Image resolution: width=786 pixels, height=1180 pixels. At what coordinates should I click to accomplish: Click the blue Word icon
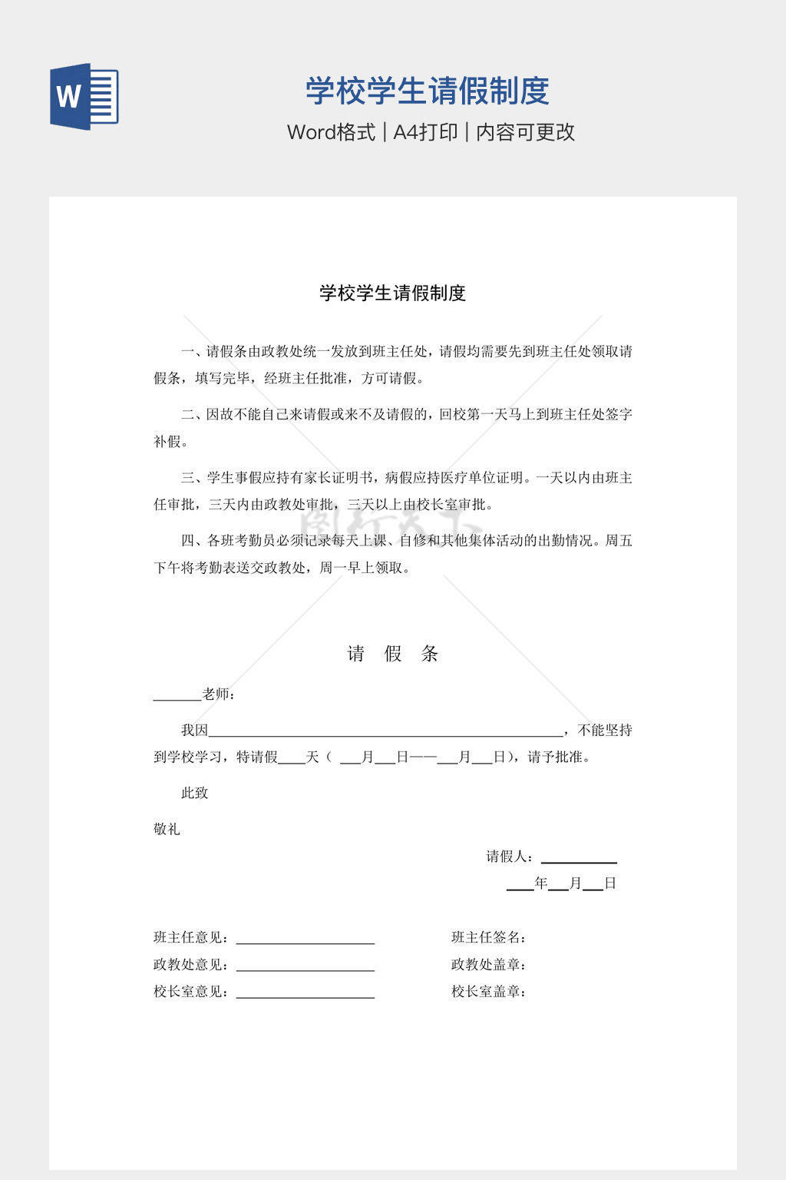tap(84, 97)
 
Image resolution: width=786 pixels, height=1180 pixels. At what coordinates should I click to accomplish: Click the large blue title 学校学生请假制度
tap(428, 91)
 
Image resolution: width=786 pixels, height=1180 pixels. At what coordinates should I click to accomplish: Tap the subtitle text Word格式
tap(331, 132)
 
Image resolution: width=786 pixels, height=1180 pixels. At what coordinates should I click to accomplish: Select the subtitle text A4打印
tap(425, 132)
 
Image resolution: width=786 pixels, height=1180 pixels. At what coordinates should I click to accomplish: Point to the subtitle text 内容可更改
tap(526, 132)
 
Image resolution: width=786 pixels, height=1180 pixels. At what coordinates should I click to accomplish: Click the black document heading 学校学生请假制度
tap(393, 293)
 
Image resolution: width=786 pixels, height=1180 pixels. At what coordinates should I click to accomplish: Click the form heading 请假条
tap(393, 654)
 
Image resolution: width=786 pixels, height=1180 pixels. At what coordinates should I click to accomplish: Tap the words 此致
tap(194, 793)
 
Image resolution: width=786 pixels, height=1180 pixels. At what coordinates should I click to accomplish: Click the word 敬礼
tap(167, 829)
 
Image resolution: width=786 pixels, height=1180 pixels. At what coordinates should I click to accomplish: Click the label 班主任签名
tap(488, 937)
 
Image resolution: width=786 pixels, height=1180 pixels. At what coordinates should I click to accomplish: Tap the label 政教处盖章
tap(488, 964)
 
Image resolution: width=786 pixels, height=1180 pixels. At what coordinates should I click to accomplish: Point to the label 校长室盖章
tap(488, 991)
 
